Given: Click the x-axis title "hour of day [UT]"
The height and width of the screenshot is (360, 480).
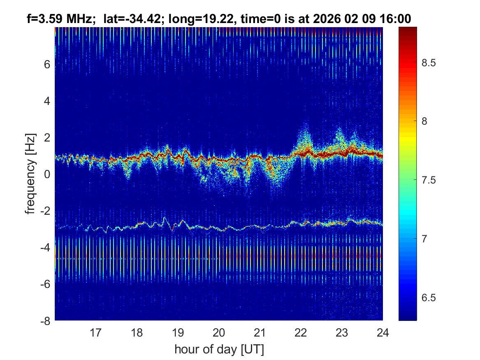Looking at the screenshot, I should tap(219, 349).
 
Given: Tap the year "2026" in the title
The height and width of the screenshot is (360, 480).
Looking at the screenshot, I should tap(324, 19).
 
